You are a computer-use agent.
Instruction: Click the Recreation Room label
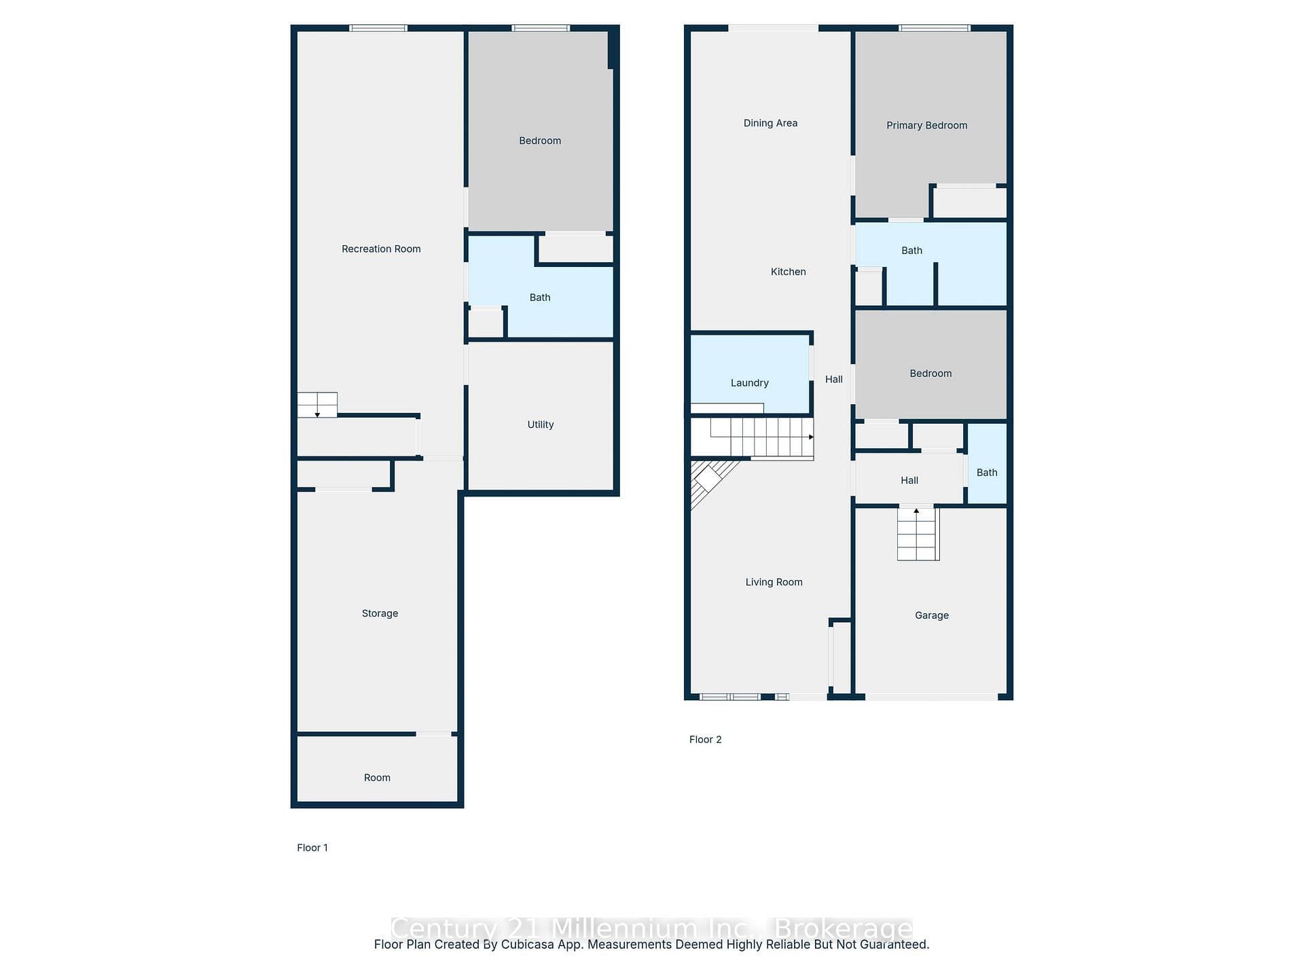pos(381,249)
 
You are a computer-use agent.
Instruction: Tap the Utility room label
pos(541,424)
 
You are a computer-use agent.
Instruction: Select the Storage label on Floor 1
pos(380,613)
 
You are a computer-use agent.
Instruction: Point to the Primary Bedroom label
pos(927,126)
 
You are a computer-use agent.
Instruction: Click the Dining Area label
pos(770,123)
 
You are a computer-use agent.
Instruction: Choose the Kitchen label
pos(789,272)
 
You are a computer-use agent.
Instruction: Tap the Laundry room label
pos(750,383)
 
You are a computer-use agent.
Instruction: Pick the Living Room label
pos(774,582)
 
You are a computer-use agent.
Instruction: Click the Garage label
pos(932,615)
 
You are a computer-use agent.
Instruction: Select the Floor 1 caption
pos(312,848)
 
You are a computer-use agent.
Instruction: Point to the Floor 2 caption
pos(705,740)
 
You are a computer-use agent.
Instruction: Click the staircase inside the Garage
pos(918,534)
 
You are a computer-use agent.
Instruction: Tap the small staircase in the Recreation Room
pos(317,405)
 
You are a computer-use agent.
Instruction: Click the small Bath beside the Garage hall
pos(987,464)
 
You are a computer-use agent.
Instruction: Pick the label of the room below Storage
pos(377,778)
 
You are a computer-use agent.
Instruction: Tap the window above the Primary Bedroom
pos(935,28)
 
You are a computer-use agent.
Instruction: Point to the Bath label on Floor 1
pos(540,297)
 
